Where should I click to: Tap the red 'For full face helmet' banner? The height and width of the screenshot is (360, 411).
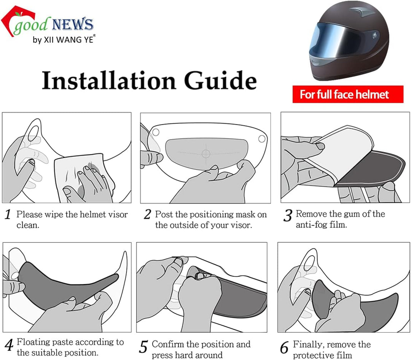click(x=348, y=94)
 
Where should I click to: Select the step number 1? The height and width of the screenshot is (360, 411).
click(x=8, y=215)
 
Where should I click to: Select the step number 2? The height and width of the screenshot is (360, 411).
click(x=148, y=214)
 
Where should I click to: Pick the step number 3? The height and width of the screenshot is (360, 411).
click(x=288, y=215)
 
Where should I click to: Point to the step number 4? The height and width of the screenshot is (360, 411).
click(x=9, y=345)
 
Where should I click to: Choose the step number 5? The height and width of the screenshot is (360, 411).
click(x=143, y=347)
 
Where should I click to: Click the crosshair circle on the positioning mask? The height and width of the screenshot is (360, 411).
click(x=206, y=153)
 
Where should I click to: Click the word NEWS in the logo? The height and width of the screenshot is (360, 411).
click(x=73, y=24)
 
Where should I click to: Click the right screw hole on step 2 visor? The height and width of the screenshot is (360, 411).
click(x=262, y=139)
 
